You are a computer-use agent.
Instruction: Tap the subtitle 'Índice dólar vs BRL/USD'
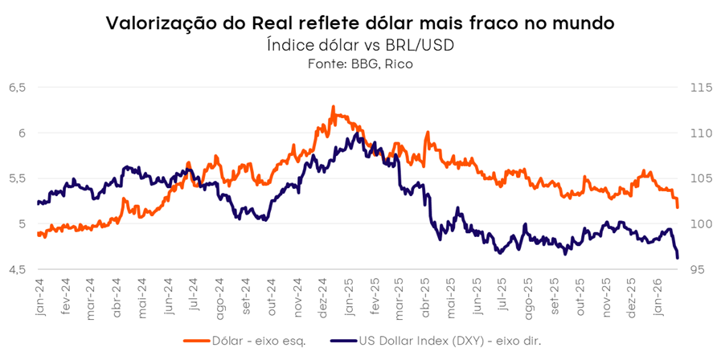[x=360, y=45]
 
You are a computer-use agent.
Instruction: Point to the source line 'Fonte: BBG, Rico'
[x=360, y=63]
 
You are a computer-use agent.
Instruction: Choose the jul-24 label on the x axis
[x=193, y=297]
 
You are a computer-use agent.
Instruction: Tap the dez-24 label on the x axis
[x=322, y=297]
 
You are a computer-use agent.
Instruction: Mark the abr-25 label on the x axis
[x=426, y=297]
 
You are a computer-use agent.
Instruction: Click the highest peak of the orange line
[x=333, y=106]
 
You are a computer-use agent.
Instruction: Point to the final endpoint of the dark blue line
[x=678, y=257]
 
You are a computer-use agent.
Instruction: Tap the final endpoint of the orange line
[x=678, y=207]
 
